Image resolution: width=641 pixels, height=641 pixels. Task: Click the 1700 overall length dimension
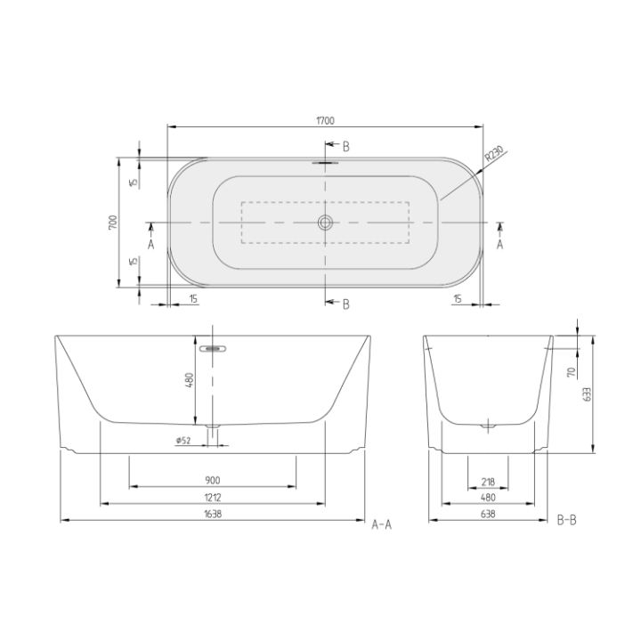pos(325,121)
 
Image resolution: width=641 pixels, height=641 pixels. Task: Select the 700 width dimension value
pos(112,223)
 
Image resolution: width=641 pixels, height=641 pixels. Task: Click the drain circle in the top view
pos(325,222)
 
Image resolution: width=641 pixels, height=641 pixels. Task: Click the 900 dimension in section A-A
pos(214,479)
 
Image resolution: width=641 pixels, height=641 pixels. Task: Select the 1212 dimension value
pos(214,497)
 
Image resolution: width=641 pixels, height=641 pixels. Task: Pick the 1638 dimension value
pos(214,514)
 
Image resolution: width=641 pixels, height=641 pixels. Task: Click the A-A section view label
pos(381,524)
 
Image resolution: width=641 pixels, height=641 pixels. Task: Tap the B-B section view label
pos(566,519)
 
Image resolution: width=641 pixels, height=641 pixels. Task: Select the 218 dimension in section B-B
pos(487,479)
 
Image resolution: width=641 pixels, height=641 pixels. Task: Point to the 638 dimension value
pos(487,514)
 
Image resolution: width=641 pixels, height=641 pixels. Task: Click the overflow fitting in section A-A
pos(214,350)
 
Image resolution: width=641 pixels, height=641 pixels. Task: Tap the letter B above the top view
pos(346,145)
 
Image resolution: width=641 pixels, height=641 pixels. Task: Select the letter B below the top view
pos(346,304)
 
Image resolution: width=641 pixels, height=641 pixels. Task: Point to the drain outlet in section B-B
pos(487,427)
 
